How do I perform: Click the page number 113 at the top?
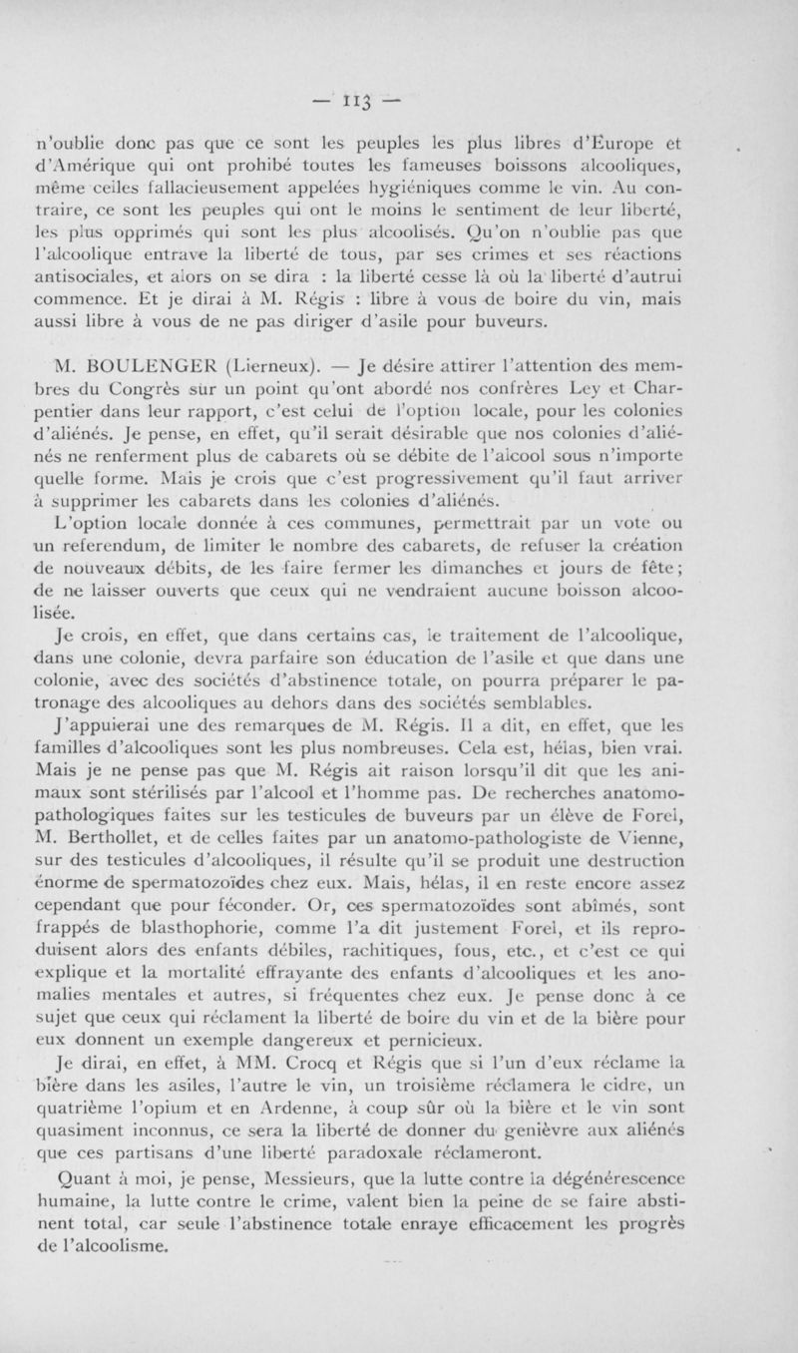coord(397,100)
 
